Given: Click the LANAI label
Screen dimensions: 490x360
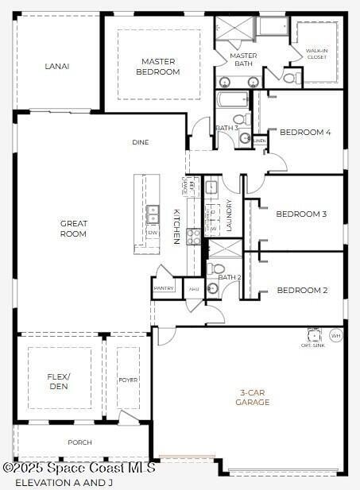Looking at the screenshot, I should (56, 66).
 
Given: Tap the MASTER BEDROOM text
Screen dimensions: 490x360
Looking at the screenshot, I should (158, 67).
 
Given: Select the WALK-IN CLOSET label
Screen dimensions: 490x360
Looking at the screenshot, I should (316, 54).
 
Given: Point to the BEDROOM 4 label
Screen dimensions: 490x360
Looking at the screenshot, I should (304, 132).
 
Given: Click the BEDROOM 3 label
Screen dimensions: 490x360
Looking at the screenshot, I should (301, 214).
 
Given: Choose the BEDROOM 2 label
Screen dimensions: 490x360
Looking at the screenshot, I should (302, 290).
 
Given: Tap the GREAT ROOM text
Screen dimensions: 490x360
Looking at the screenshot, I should (73, 229).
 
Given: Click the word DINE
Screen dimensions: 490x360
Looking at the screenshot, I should (141, 142).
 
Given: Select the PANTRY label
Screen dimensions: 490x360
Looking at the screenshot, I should (164, 288).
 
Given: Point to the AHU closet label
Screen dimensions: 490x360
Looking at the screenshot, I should (193, 288).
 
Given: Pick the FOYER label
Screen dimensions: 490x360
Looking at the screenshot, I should (127, 380).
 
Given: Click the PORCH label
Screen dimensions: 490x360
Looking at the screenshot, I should (79, 442).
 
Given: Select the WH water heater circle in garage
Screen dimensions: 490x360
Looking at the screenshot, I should (336, 335).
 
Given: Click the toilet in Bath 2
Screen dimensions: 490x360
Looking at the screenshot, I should (219, 269).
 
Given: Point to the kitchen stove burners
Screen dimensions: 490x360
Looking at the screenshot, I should (193, 236).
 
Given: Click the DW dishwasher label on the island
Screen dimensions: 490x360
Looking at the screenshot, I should (152, 233).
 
